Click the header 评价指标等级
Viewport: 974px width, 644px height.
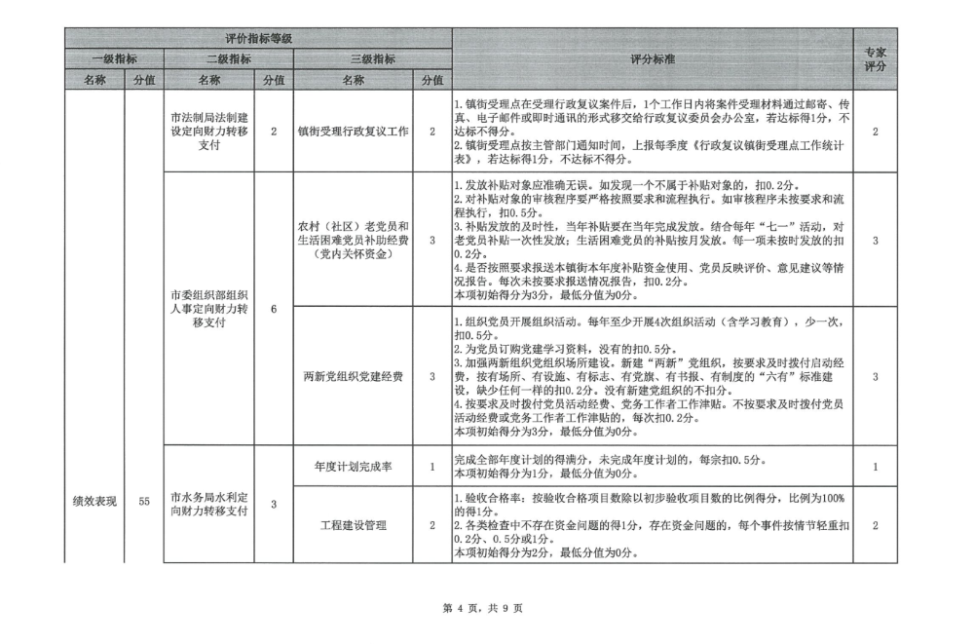[258, 38]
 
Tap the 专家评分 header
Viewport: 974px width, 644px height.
[876, 58]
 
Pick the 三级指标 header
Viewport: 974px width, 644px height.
[372, 58]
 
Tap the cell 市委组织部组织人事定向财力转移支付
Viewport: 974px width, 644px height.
[211, 308]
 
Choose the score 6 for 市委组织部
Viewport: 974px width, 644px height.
[274, 309]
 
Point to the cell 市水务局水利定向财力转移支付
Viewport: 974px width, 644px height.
[211, 503]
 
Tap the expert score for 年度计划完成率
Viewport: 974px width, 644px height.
[876, 467]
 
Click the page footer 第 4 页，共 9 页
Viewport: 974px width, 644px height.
[483, 608]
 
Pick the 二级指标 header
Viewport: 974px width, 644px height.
[226, 58]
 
